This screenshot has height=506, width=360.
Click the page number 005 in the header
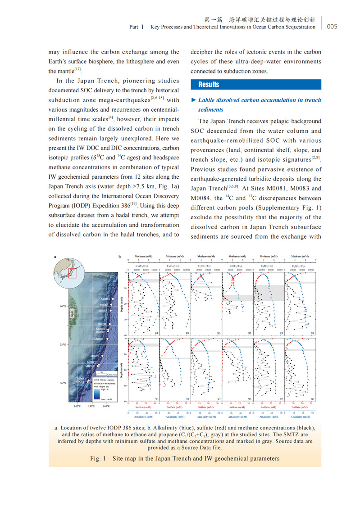332,27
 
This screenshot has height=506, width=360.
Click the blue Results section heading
209,84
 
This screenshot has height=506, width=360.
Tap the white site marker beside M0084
113,299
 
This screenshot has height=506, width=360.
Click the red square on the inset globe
73,272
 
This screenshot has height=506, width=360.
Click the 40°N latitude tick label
63,307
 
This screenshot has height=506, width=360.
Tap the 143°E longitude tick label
91,406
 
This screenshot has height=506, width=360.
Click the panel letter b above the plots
120,257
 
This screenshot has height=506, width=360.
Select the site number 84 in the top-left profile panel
156,333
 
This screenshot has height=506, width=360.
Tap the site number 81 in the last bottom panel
313,399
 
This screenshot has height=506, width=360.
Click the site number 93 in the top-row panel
250,333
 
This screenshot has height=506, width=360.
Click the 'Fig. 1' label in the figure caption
97,459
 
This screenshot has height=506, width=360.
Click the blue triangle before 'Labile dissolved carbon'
193,100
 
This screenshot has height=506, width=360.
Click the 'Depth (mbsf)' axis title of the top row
123,303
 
